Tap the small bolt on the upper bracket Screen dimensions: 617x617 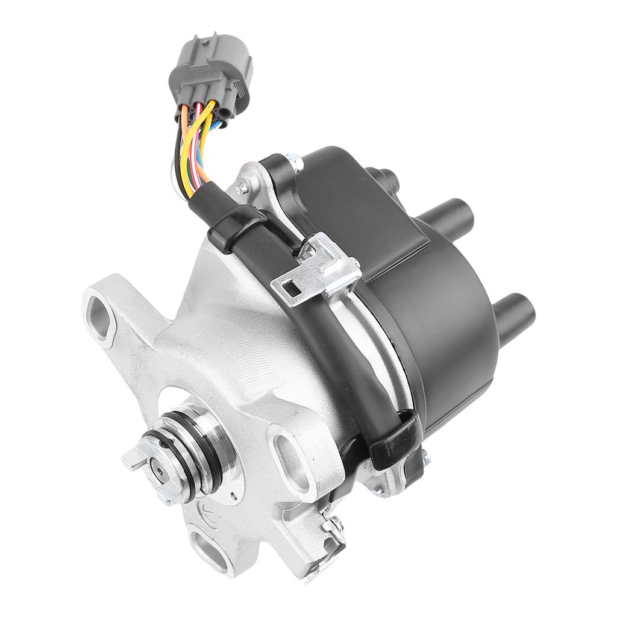[x=242, y=188]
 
